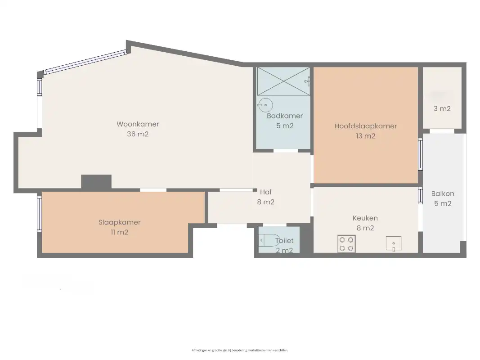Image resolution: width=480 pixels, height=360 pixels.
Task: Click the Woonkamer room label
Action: (x=138, y=124)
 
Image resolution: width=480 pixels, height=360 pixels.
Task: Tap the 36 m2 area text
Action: (x=138, y=134)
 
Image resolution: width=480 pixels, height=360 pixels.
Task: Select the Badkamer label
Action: (x=284, y=116)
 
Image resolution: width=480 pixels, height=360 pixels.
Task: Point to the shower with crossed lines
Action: (x=283, y=81)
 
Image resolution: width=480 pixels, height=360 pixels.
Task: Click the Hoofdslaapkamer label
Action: (x=365, y=126)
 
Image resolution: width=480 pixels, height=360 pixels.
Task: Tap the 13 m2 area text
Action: (x=365, y=136)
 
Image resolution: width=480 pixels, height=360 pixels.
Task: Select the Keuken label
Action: (x=365, y=218)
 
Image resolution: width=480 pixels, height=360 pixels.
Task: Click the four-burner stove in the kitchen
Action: (x=346, y=244)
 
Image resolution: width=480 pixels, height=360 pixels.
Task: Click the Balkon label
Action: (x=443, y=194)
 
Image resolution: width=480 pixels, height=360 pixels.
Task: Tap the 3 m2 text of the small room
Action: (x=442, y=108)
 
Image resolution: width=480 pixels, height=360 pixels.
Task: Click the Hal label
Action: (x=265, y=193)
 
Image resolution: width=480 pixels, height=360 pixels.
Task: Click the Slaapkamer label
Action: (x=119, y=222)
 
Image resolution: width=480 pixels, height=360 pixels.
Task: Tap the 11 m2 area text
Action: (x=119, y=232)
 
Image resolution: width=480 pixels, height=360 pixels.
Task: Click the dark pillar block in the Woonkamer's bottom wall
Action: (x=96, y=182)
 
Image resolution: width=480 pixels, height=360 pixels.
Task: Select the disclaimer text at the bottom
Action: (x=240, y=350)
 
